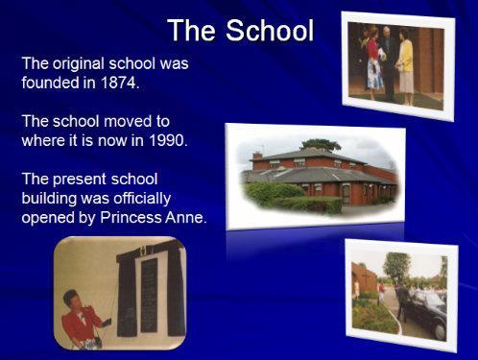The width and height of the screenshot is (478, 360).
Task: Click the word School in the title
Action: click(270, 30)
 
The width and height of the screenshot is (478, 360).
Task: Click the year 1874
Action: click(120, 83)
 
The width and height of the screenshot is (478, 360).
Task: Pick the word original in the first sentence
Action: click(79, 64)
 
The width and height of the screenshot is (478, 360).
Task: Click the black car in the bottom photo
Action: click(423, 312)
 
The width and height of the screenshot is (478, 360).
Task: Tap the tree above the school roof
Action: click(321, 144)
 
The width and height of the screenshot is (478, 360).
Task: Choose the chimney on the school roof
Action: click(257, 156)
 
